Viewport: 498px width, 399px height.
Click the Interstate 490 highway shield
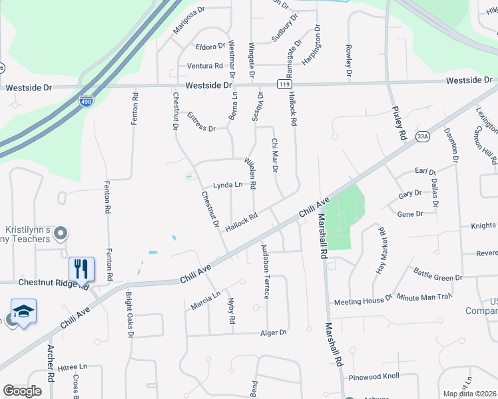pyautogui.click(x=86, y=101)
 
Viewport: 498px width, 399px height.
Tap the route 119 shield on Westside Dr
pyautogui.click(x=285, y=85)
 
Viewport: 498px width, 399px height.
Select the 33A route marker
pyautogui.click(x=421, y=136)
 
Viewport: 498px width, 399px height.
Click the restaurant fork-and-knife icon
pyautogui.click(x=81, y=269)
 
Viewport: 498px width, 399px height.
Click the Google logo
pyautogui.click(x=22, y=391)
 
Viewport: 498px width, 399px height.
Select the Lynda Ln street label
pyautogui.click(x=226, y=185)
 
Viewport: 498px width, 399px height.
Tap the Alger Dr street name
pyautogui.click(x=273, y=332)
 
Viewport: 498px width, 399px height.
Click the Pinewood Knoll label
pyautogui.click(x=373, y=376)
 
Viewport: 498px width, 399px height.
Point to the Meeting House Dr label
pyautogui.click(x=363, y=301)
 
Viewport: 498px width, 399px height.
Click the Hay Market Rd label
pyautogui.click(x=381, y=251)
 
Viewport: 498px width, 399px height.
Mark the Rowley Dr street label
pyautogui.click(x=348, y=62)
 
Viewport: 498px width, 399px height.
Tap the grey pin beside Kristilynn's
pyautogui.click(x=61, y=233)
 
